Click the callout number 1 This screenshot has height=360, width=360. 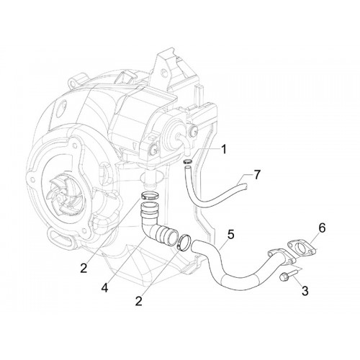[224, 149]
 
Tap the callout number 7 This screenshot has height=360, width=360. [257, 175]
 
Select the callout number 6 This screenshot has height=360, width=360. [322, 228]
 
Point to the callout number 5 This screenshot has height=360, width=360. [230, 235]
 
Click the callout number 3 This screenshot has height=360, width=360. [305, 291]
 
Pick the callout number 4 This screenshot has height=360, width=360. [104, 288]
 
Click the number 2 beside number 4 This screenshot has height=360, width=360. [84, 268]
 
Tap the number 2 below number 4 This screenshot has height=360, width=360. [138, 301]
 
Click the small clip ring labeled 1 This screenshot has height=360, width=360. [188, 161]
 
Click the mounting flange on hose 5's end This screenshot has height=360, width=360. [281, 258]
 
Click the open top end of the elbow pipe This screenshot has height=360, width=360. [150, 205]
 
